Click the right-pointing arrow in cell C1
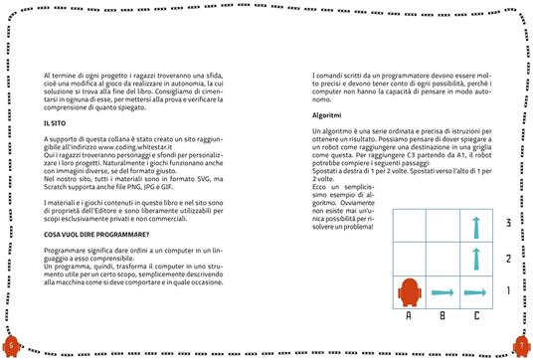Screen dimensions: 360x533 click(x=476, y=295)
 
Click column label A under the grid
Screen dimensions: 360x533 click(x=409, y=317)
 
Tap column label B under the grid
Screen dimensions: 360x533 click(x=444, y=317)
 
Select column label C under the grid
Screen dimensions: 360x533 click(x=477, y=317)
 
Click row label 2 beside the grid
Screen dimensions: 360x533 click(x=510, y=260)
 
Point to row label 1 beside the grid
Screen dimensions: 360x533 click(x=510, y=293)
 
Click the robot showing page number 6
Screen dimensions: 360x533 click(x=11, y=345)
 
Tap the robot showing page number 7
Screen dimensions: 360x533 click(x=521, y=345)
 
